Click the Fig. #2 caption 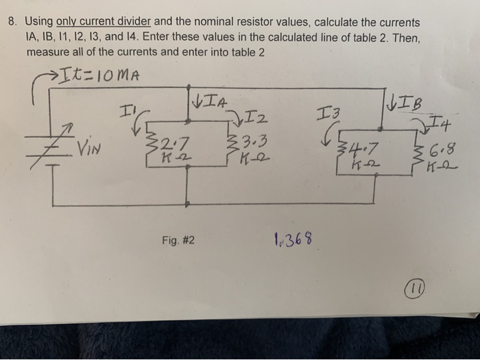[x=178, y=241]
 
